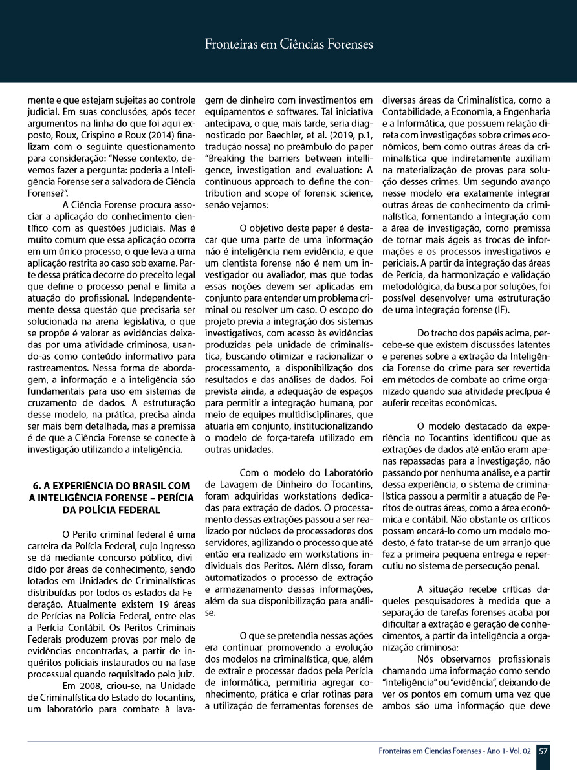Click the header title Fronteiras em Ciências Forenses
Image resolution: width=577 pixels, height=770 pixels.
click(288, 45)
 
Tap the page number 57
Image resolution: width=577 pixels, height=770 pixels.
click(543, 751)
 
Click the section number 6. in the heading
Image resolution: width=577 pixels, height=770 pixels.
click(36, 485)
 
